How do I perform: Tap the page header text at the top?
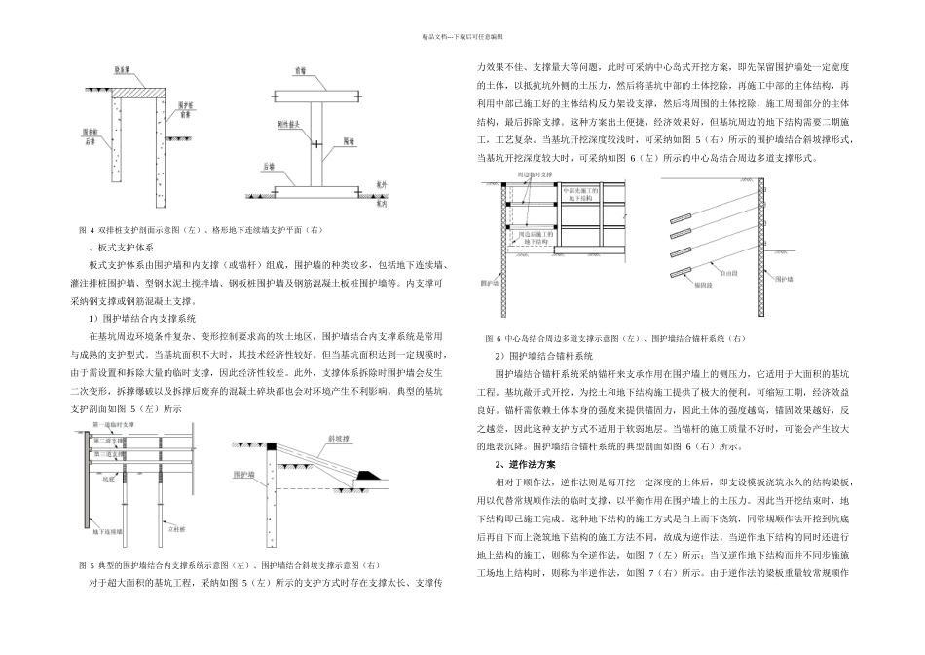point(462,36)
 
